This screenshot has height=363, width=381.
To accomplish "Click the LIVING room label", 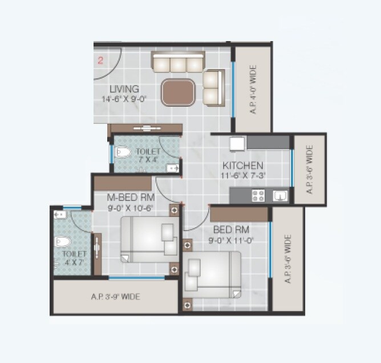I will [124, 89].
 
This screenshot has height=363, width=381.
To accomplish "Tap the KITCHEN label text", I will [243, 166].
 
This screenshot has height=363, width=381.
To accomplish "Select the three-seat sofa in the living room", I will [178, 62].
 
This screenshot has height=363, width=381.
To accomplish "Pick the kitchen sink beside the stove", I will [279, 196].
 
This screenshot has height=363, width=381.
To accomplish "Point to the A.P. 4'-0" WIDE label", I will [253, 90].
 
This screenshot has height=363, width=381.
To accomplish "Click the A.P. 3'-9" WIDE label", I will [115, 297].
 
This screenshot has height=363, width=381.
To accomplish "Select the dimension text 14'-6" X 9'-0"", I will [121, 99].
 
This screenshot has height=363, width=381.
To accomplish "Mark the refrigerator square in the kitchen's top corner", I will [237, 143].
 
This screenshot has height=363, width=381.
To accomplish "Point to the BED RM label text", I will [231, 230].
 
